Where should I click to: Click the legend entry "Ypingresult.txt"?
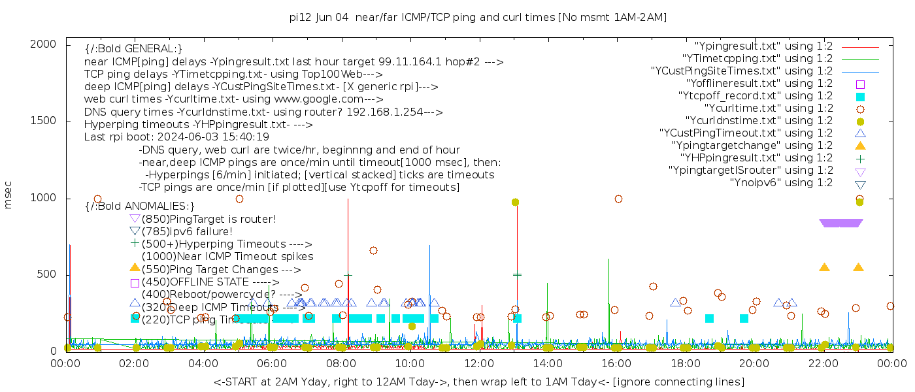[x=763, y=46]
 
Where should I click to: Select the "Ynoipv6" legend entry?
[x=781, y=183]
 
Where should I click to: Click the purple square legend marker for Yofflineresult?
[x=860, y=84]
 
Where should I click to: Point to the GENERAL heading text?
[x=133, y=49]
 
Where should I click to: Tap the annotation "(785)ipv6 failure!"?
[x=187, y=232]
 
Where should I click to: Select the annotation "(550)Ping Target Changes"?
[x=221, y=269]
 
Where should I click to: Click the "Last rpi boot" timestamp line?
[x=176, y=137]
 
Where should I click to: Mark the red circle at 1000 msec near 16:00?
[x=618, y=199]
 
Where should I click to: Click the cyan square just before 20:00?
[x=744, y=318]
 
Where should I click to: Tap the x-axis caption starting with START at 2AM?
[x=478, y=382]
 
